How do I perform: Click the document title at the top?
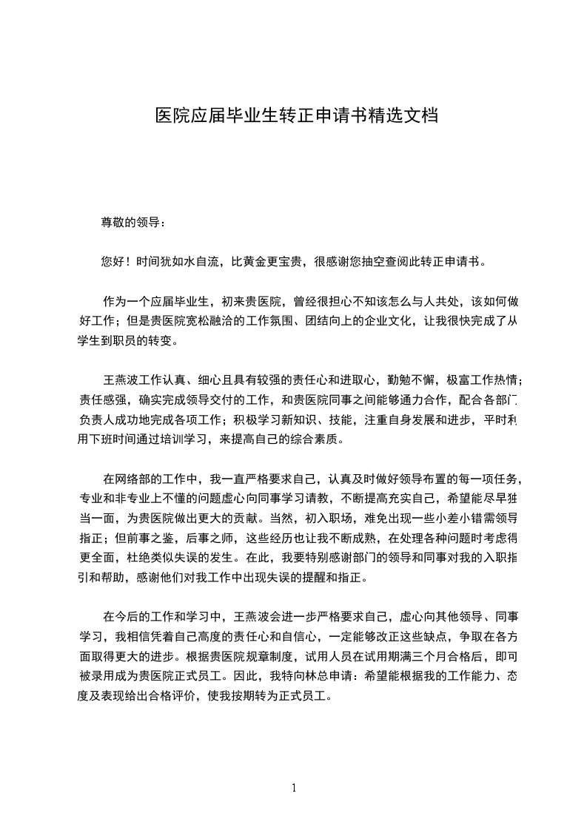(x=296, y=116)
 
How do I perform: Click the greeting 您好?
(x=111, y=262)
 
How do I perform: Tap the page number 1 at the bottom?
(x=294, y=787)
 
